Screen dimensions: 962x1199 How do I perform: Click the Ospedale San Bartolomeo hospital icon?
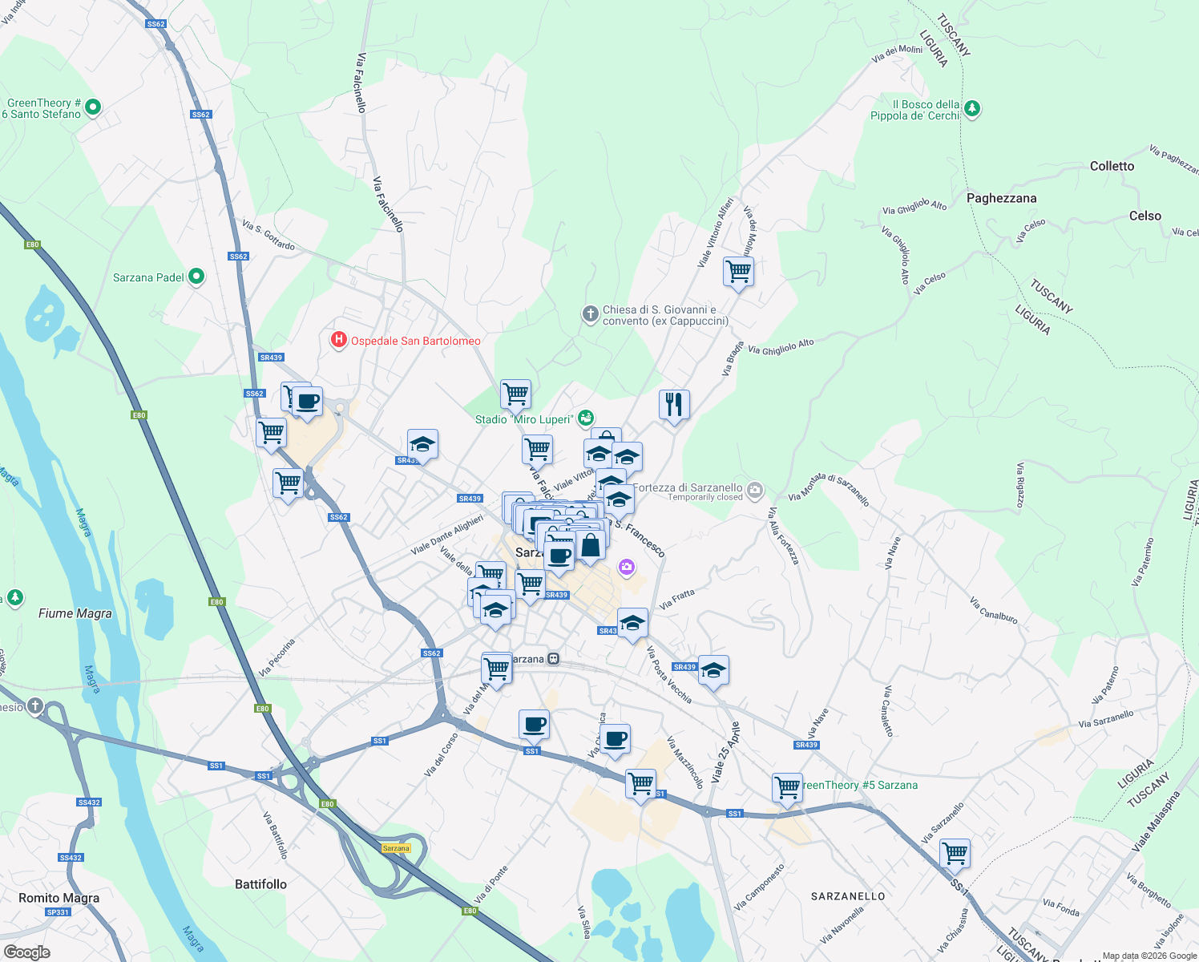[339, 341]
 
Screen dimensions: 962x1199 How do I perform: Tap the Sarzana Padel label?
[149, 277]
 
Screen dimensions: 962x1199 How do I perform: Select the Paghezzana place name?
[1001, 198]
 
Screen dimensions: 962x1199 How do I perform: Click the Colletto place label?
[1112, 166]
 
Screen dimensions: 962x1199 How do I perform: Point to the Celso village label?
[1144, 216]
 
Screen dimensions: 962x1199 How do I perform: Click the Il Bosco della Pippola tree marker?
[972, 108]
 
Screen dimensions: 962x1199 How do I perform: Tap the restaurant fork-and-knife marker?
[674, 405]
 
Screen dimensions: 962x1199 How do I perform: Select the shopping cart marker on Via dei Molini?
[738, 272]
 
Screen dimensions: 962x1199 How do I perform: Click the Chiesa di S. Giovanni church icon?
[591, 314]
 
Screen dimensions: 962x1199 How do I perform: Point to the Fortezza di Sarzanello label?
[688, 487]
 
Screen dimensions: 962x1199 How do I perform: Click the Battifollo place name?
[260, 884]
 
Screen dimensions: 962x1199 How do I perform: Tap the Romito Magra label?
[59, 898]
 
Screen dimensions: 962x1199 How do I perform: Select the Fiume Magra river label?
[75, 613]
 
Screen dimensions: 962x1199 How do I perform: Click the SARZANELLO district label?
[848, 896]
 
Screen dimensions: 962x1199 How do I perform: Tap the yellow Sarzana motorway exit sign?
[396, 848]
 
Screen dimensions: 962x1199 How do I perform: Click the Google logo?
[26, 952]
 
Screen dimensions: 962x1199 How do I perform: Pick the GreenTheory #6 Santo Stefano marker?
[93, 107]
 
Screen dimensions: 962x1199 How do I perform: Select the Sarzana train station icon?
[553, 659]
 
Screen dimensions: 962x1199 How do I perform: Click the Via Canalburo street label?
[993, 610]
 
